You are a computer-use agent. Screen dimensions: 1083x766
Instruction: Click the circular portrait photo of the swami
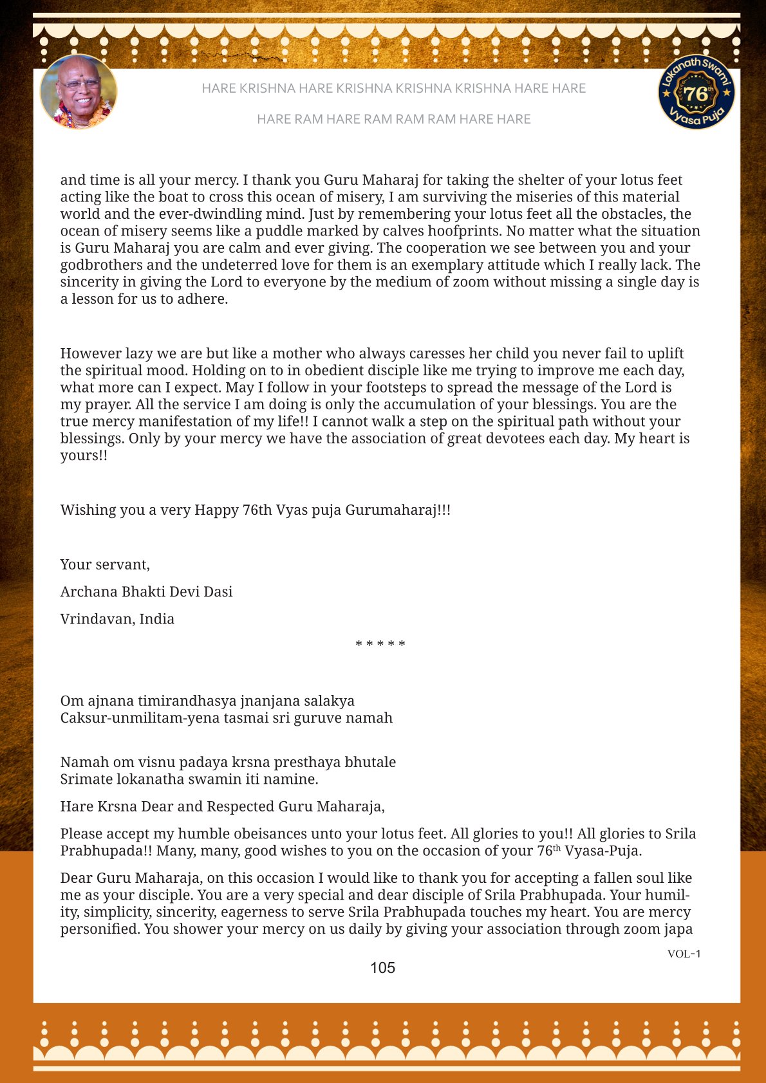click(x=79, y=92)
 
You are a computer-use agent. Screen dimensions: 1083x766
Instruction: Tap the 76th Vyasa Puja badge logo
click(x=696, y=92)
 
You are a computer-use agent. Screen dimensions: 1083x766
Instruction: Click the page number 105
click(x=382, y=968)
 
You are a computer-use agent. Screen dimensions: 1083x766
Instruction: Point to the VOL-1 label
click(x=684, y=954)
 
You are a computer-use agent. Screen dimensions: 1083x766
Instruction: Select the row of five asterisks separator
click(x=380, y=644)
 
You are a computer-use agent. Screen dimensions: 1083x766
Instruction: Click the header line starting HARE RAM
click(x=393, y=119)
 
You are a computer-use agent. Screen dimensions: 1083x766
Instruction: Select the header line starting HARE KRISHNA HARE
click(x=393, y=88)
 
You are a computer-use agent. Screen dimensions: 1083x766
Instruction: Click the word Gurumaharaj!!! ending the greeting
click(x=398, y=510)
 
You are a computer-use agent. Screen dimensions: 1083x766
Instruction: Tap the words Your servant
click(x=105, y=565)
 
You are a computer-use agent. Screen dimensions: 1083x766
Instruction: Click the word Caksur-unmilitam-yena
click(x=139, y=718)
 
